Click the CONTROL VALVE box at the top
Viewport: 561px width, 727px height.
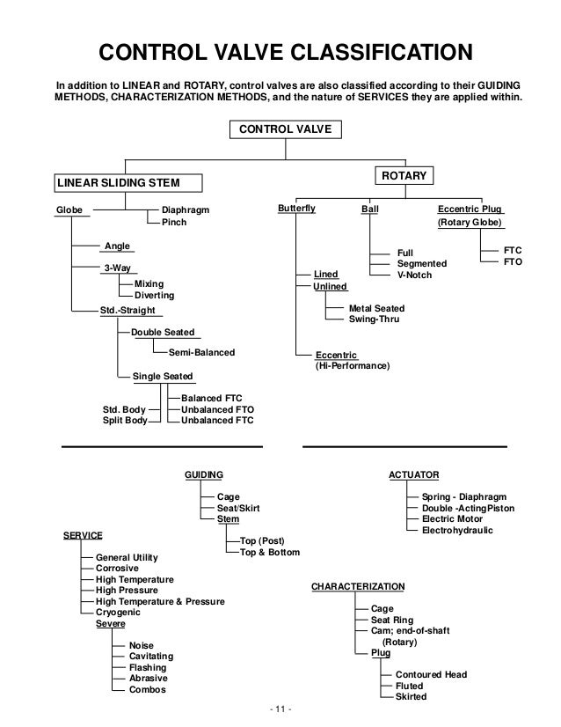tap(279, 130)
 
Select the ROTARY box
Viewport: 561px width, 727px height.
tap(404, 176)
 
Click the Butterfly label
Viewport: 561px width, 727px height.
tap(295, 210)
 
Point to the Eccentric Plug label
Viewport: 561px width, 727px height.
tap(470, 210)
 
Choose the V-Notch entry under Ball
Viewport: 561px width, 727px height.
tap(418, 275)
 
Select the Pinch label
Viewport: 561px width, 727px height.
tap(174, 223)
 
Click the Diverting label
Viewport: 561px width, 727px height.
tap(154, 296)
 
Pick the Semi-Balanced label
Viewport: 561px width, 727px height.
tap(201, 352)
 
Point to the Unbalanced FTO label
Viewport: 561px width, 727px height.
tap(217, 409)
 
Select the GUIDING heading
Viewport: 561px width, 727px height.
tap(203, 474)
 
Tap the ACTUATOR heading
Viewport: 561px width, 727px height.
tap(413, 474)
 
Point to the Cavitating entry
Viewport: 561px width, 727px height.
tap(151, 657)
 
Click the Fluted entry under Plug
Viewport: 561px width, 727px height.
tap(409, 686)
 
